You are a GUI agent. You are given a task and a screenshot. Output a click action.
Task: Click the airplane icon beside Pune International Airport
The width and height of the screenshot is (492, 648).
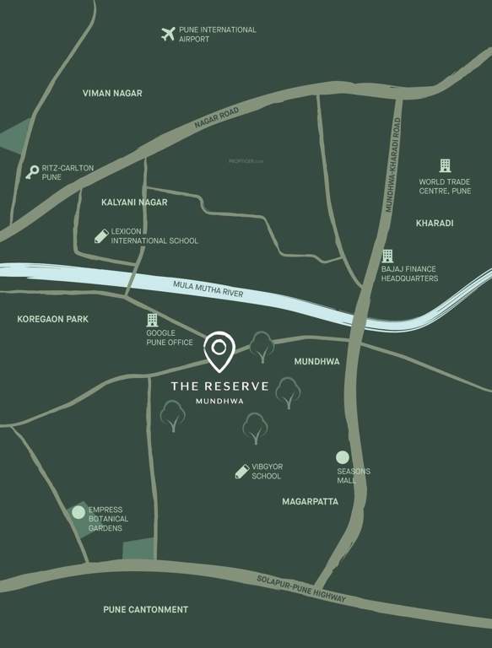167,34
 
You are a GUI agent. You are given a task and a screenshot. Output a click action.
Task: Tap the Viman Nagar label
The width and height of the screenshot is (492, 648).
112,94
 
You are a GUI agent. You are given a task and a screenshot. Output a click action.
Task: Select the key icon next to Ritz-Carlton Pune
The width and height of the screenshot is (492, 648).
32,172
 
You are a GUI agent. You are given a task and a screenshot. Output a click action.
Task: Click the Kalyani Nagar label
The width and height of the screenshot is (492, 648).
134,202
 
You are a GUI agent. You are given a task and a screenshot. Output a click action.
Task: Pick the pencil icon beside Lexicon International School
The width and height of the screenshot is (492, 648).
101,235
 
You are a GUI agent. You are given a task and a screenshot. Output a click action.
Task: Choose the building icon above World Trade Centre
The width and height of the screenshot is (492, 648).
445,165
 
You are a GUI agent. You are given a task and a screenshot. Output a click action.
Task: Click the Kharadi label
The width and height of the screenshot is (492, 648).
435,224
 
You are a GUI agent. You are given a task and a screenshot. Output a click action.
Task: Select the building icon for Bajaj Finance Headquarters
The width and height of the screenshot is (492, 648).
387,256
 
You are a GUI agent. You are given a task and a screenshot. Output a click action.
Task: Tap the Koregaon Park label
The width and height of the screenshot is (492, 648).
52,320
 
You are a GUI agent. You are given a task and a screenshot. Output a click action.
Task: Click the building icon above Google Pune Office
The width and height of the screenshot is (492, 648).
152,320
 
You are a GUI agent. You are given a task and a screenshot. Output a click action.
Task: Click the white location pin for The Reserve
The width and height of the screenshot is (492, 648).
219,350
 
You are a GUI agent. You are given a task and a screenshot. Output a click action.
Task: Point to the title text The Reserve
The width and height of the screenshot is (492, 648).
219,386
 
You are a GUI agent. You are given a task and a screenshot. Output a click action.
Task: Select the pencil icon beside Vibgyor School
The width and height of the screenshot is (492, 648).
242,471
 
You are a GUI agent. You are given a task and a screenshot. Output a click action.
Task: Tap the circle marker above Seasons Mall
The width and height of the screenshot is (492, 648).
342,457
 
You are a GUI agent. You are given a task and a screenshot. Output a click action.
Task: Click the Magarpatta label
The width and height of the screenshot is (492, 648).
310,501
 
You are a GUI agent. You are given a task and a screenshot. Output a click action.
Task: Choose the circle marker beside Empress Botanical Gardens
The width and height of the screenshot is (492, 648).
78,512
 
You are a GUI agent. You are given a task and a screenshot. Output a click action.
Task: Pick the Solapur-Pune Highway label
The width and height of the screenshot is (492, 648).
301,589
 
